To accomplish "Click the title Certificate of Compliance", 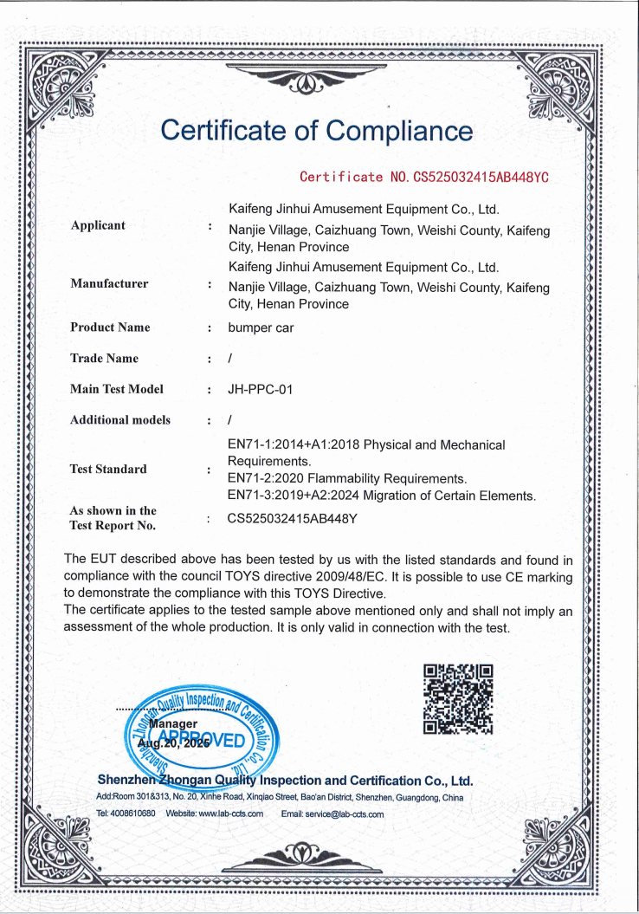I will (317, 131).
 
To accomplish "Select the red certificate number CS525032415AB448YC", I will (424, 178).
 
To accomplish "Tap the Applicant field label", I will (98, 225).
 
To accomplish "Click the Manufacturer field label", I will (109, 283).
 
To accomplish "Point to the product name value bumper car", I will (261, 328).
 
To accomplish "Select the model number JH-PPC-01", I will (260, 390).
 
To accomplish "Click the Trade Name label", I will (104, 359).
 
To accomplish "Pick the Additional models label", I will (120, 420).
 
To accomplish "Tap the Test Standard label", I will (108, 469).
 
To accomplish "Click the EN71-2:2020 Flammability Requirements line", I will (346, 478).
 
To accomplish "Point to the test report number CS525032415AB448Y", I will (293, 520).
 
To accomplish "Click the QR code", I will (458, 698).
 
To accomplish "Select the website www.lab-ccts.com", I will (230, 814).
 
